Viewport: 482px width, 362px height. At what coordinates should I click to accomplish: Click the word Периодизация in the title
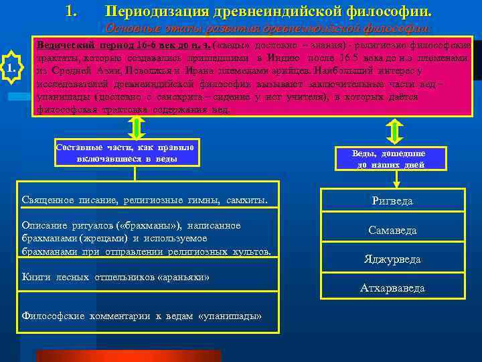coord(152,12)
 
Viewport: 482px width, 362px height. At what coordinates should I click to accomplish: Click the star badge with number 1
coord(12,67)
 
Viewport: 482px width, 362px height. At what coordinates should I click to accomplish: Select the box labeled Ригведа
coord(392,200)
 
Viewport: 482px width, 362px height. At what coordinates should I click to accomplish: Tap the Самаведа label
coord(392,230)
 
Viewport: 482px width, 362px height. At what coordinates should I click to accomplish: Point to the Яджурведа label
coord(392,259)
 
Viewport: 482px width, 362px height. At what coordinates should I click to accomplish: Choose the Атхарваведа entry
coord(392,288)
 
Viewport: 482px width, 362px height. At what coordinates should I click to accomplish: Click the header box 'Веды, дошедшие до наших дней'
coord(390,159)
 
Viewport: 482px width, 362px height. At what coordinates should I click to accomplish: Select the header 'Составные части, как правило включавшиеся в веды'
coord(127,154)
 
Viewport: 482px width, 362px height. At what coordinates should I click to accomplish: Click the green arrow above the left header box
coord(135,127)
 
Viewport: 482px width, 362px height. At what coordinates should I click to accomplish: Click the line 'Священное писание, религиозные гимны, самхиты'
coord(144,200)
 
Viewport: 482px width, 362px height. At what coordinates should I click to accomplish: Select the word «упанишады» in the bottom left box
coord(230,316)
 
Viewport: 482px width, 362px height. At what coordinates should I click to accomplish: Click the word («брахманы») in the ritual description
coord(146,225)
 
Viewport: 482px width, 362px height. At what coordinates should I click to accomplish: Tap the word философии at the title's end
coord(390,12)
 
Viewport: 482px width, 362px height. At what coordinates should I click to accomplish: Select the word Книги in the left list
coord(36,277)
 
